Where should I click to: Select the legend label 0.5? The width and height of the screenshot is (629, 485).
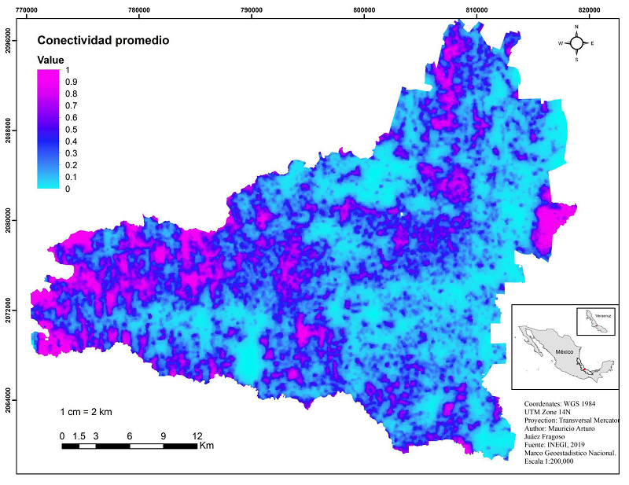pos(71,130)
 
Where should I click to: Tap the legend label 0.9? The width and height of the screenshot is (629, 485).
pos(71,82)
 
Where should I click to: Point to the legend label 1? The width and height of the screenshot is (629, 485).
pos(68,70)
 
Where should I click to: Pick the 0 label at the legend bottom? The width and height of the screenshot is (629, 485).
pos(68,189)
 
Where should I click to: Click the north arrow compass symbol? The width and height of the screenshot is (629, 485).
pos(576,43)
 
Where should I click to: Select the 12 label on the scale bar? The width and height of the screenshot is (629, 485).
pos(197,436)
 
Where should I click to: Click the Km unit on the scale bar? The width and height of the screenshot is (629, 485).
pos(207,446)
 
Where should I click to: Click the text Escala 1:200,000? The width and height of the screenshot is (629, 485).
pos(549,461)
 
